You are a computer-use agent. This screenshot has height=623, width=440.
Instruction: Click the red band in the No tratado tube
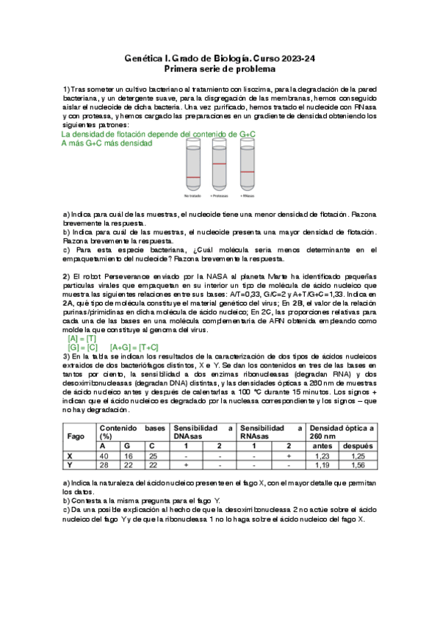193,178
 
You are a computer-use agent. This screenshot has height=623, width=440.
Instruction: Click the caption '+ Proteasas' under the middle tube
219,196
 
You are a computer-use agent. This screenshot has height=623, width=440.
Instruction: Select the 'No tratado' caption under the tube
193,196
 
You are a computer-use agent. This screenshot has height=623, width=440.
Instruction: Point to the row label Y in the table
69,464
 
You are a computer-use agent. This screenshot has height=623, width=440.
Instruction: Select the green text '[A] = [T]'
82,339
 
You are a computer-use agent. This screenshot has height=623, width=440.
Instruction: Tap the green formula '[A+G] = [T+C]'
140,347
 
